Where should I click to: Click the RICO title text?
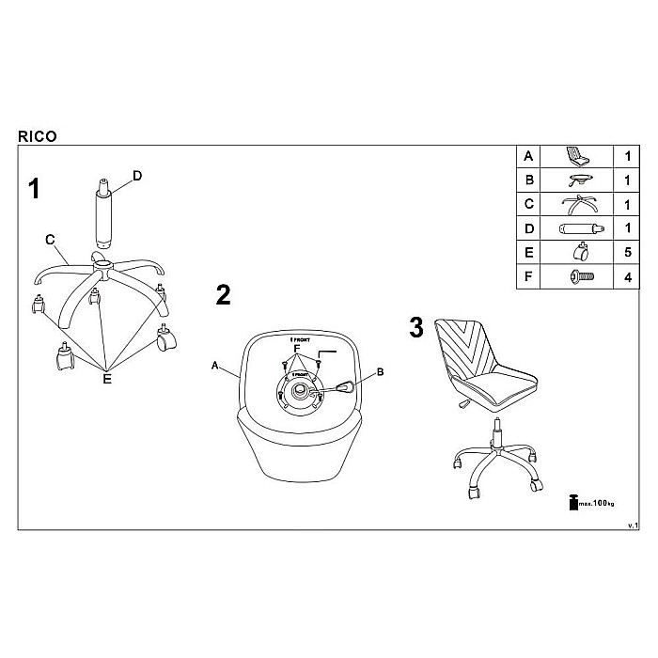coord(37,136)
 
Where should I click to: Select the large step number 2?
coord(223,295)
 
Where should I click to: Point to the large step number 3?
coord(417,328)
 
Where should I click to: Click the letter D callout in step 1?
coord(137,175)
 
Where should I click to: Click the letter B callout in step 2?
coord(381,372)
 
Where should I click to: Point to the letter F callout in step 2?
coord(297,350)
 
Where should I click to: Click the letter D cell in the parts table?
coord(528,227)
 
